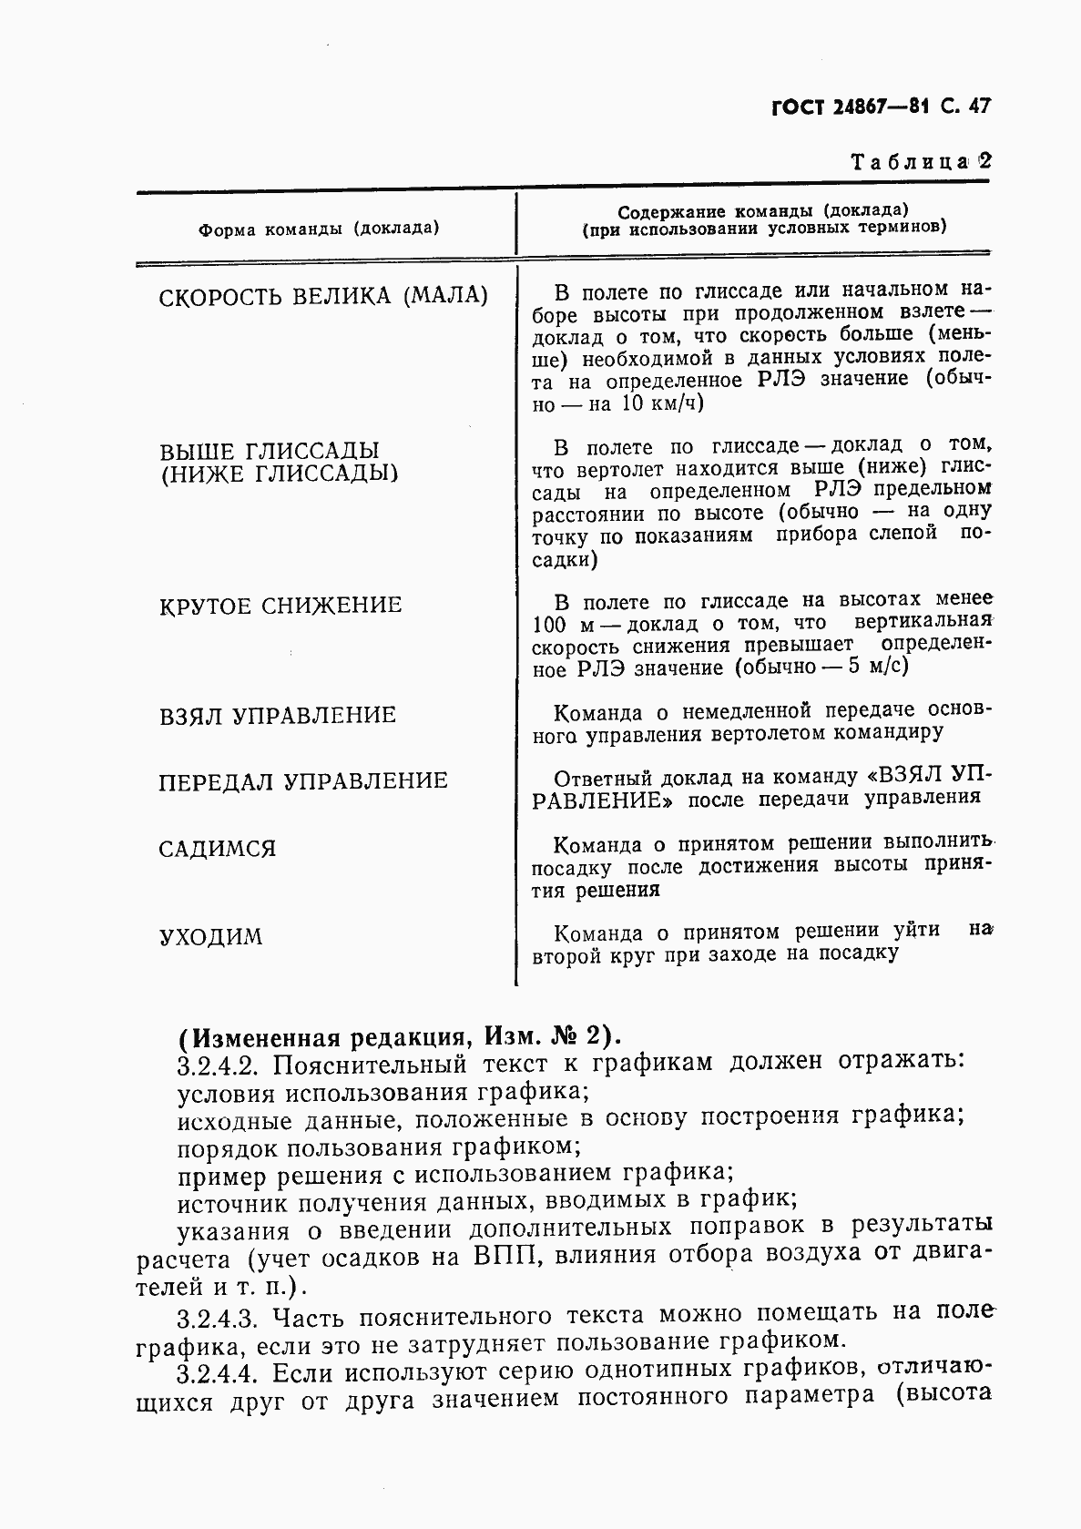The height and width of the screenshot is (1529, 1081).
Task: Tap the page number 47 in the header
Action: click(976, 107)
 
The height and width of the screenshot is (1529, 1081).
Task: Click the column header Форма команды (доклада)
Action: click(319, 229)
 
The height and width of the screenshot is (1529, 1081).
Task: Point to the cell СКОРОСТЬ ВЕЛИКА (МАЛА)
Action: click(323, 297)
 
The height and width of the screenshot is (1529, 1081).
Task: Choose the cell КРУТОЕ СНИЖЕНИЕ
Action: click(280, 607)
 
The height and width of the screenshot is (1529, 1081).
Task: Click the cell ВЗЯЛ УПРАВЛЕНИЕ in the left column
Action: click(278, 716)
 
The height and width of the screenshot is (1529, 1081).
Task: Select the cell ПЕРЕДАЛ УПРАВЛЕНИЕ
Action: click(303, 782)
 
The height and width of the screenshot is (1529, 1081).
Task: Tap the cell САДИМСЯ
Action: click(217, 850)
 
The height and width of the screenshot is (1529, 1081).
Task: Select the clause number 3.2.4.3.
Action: click(219, 1317)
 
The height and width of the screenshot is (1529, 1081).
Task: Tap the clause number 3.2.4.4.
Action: click(219, 1373)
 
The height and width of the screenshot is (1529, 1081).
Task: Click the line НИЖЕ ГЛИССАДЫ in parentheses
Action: click(279, 474)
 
